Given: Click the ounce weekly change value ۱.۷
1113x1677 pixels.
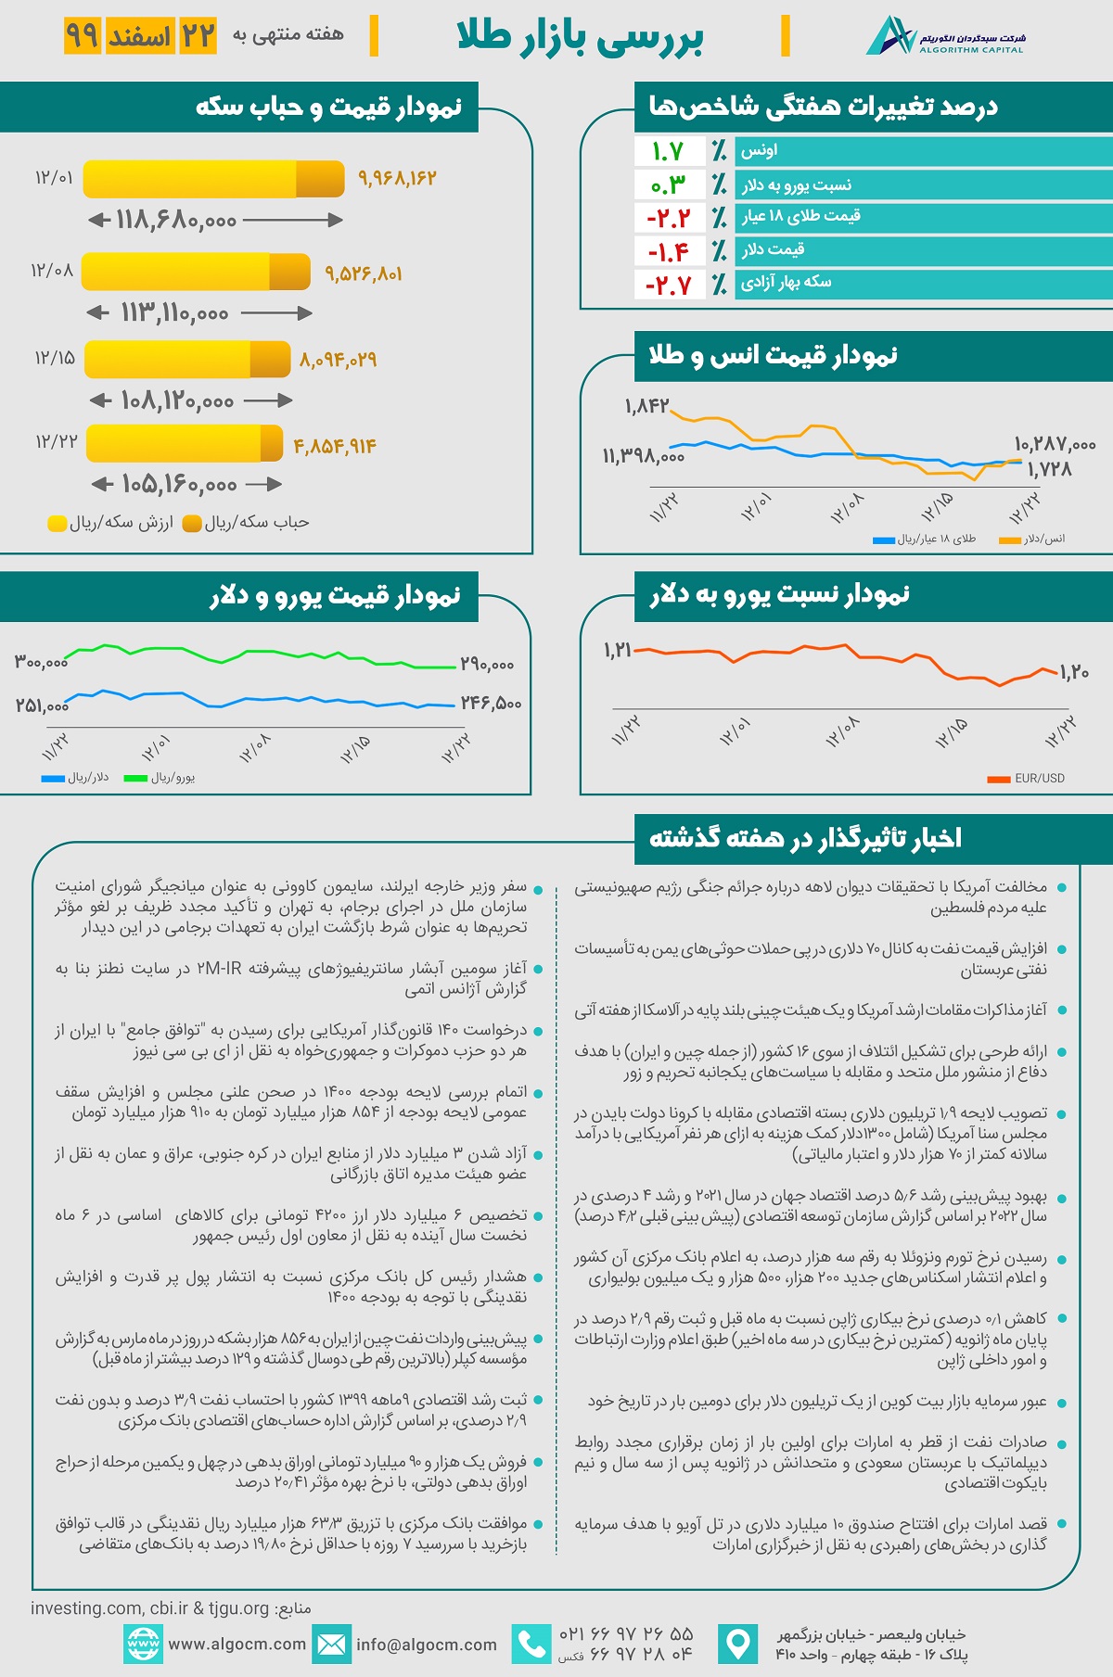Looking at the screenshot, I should pos(668,151).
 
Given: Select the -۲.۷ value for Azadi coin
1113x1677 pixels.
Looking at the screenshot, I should pos(669,286).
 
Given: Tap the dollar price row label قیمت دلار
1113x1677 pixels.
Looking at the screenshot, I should pos(773,250).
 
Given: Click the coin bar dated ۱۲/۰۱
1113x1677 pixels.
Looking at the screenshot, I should pos(213,179).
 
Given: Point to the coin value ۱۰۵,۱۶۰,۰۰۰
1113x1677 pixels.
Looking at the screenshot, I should pos(179,485).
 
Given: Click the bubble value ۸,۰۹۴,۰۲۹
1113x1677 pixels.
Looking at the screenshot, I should pos(338,360).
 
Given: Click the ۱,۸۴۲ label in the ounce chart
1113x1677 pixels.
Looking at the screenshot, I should pos(646,406).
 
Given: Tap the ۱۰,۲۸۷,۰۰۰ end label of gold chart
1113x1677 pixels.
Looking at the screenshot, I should pos(1055,445).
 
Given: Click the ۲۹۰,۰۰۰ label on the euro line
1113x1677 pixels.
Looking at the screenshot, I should pos(487,665).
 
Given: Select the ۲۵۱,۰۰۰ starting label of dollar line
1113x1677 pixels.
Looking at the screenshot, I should pos(42,705).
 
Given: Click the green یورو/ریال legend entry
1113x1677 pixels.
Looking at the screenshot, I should pos(160,778).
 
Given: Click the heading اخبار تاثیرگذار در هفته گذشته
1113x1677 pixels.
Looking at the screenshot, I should pos(805,838).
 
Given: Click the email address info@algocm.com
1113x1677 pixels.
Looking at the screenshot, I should pos(427,1645).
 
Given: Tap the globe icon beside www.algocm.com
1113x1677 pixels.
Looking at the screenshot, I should pos(143,1645).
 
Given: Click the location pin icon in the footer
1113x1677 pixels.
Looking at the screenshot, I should pos(737,1645).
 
